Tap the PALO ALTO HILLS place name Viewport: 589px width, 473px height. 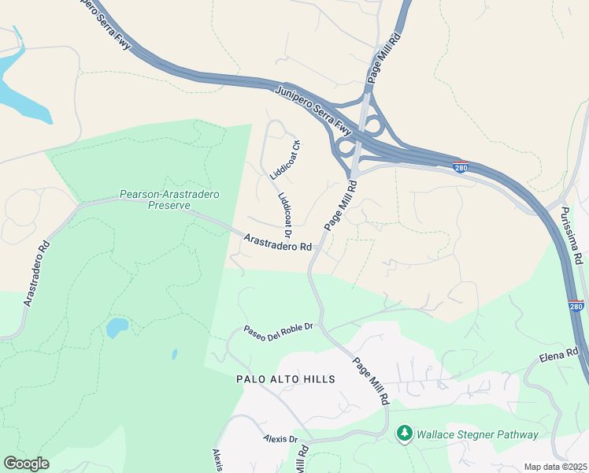pyautogui.click(x=286, y=379)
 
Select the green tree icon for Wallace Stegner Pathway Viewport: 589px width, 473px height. pyautogui.click(x=405, y=434)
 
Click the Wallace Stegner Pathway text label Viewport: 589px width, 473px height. pyautogui.click(x=477, y=434)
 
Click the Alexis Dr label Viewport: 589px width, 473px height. pyautogui.click(x=280, y=439)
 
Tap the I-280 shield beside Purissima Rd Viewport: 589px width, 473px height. pyautogui.click(x=576, y=305)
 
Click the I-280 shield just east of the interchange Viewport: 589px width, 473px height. pyautogui.click(x=462, y=167)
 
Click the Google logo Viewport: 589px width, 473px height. pyautogui.click(x=26, y=463)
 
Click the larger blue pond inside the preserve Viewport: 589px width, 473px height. pyautogui.click(x=117, y=326)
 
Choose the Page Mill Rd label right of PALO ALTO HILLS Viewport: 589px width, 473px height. pyautogui.click(x=372, y=382)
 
